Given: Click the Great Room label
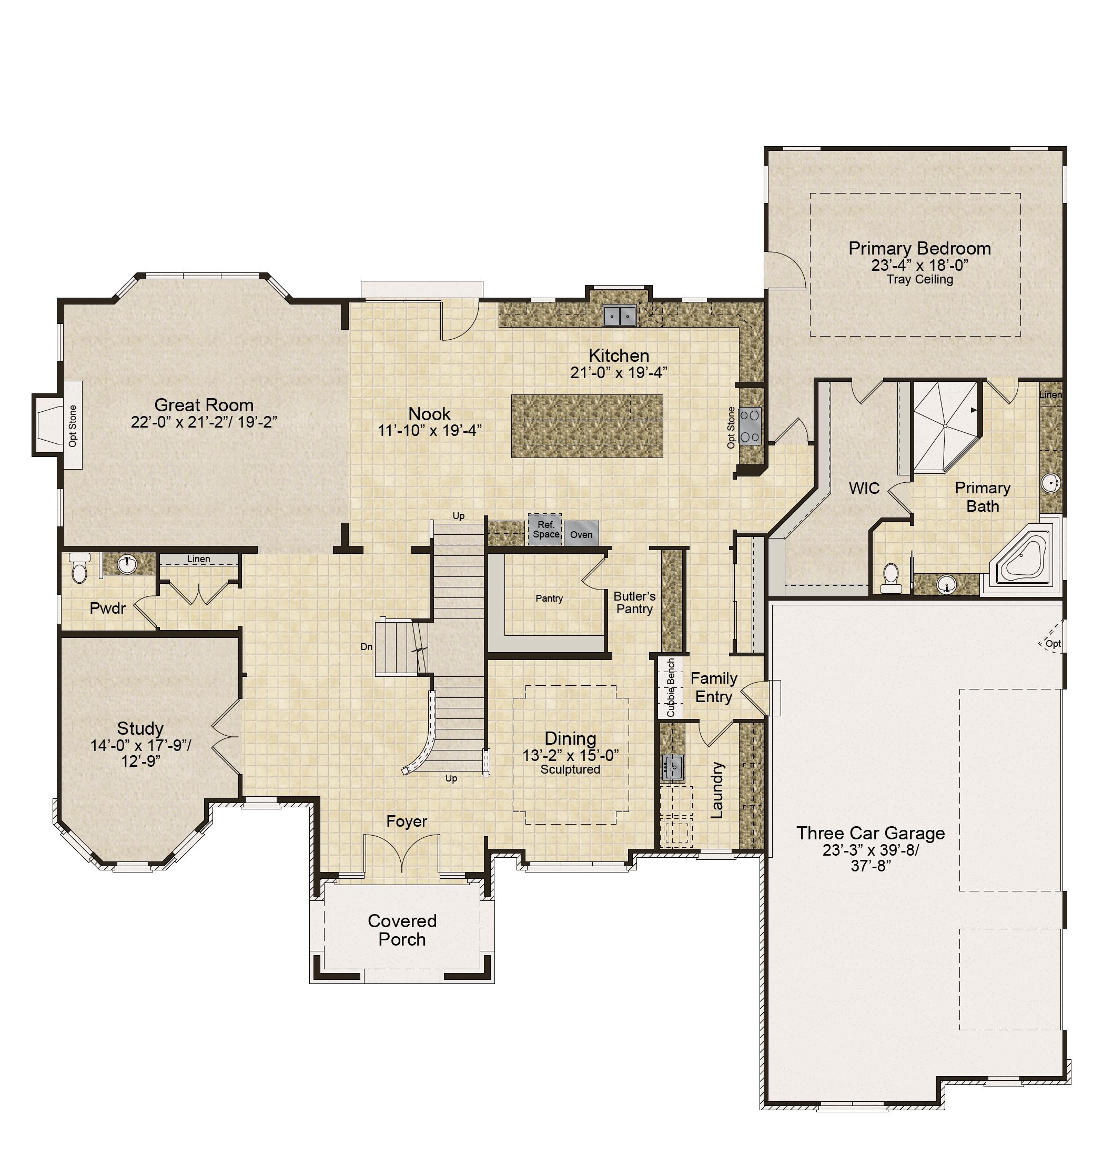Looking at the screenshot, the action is pyautogui.click(x=204, y=404).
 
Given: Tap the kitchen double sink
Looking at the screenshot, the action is pyautogui.click(x=620, y=316).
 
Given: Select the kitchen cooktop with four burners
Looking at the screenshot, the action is pyautogui.click(x=749, y=425).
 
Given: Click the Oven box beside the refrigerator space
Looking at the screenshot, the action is pyautogui.click(x=582, y=534).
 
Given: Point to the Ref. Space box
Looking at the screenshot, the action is pyautogui.click(x=545, y=530).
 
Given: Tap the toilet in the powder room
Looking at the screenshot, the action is pyautogui.click(x=79, y=567).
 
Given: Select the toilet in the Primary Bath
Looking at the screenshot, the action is pyautogui.click(x=892, y=578).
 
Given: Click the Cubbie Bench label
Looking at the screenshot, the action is pyautogui.click(x=671, y=687).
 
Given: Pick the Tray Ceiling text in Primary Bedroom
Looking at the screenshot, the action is pyautogui.click(x=919, y=279).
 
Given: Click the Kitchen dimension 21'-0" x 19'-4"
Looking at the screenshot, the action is pyautogui.click(x=619, y=373).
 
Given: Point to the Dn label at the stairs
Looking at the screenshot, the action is pyautogui.click(x=366, y=647).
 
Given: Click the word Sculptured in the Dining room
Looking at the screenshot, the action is pyautogui.click(x=570, y=769).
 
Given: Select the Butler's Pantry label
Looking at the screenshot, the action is pyautogui.click(x=634, y=603).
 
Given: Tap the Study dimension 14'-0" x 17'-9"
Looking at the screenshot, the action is pyautogui.click(x=140, y=745).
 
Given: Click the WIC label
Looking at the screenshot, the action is pyautogui.click(x=864, y=488).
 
